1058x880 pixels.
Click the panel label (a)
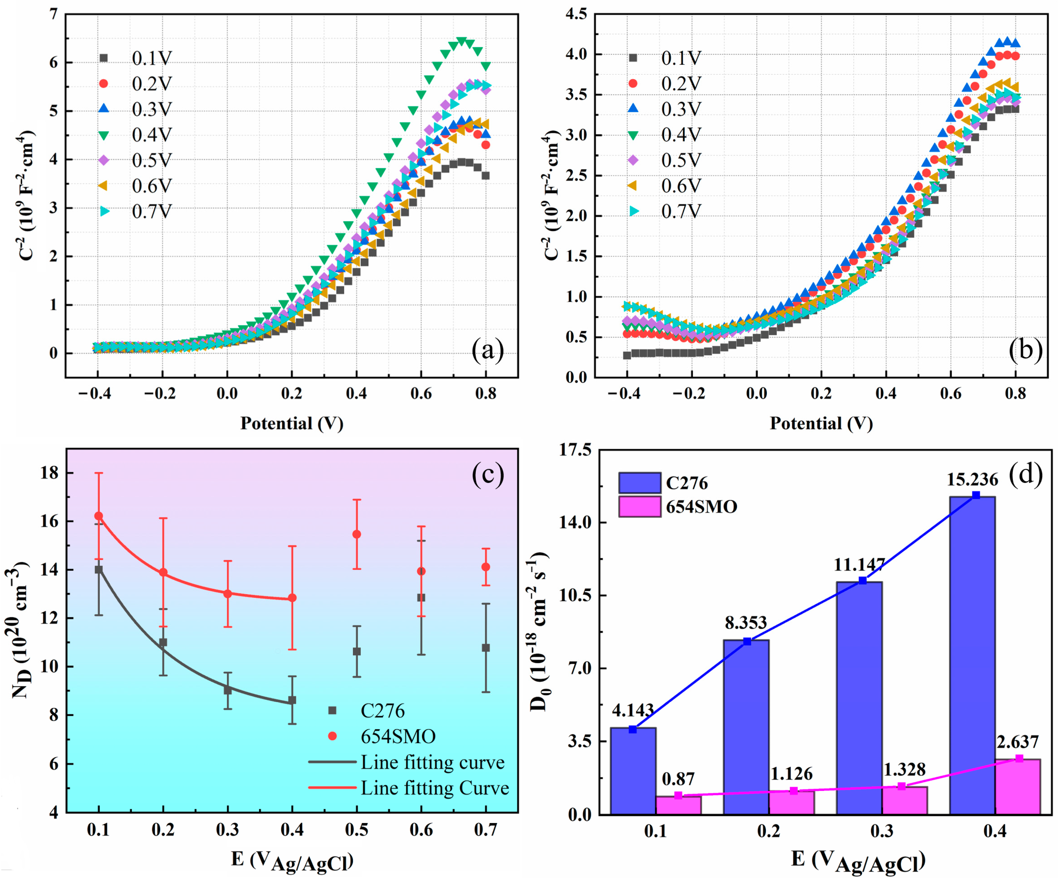487,350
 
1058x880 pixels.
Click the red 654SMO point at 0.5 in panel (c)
357,534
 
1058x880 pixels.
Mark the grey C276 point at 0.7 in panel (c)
486,648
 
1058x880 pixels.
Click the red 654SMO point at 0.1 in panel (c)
99,516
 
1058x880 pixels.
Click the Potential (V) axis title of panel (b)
821,424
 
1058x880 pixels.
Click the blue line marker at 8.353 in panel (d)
747,641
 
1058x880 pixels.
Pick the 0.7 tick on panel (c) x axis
486,830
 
